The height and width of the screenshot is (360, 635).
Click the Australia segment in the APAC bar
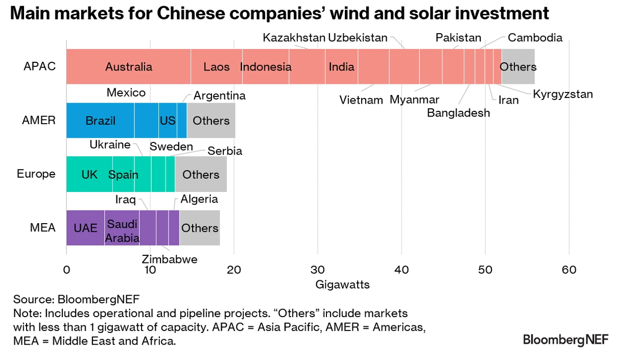point(128,66)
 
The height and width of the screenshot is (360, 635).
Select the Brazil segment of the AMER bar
point(100,121)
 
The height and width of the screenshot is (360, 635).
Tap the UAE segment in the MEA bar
point(85,228)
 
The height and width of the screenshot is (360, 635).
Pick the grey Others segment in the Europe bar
point(201,174)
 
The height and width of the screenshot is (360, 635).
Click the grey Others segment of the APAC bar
point(518,66)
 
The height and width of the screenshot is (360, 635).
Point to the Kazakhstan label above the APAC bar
point(294,37)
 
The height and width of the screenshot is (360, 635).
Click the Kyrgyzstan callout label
point(562,94)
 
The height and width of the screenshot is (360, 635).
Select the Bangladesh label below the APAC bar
point(458,113)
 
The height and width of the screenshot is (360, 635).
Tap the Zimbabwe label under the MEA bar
point(170,259)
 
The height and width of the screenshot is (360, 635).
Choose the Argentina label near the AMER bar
point(220,95)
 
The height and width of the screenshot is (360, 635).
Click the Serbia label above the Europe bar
point(224,151)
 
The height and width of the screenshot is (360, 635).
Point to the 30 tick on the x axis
point(318,270)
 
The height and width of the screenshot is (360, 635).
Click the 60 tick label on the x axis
point(569,270)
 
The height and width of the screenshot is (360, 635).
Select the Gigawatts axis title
point(342,284)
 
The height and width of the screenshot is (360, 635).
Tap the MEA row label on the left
point(43,228)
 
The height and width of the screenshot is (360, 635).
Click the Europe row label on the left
point(36,174)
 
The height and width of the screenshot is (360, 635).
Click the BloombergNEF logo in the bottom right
point(566,340)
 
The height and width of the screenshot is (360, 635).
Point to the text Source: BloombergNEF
point(76,299)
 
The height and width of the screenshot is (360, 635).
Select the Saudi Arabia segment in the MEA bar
point(122,231)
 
